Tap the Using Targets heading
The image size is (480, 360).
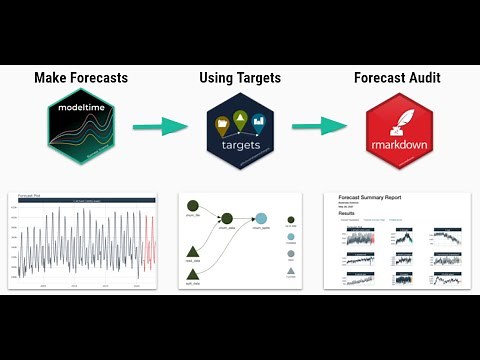240,78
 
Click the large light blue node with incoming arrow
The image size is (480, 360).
261,219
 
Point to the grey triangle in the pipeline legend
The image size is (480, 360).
290,271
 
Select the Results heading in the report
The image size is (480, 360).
346,213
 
